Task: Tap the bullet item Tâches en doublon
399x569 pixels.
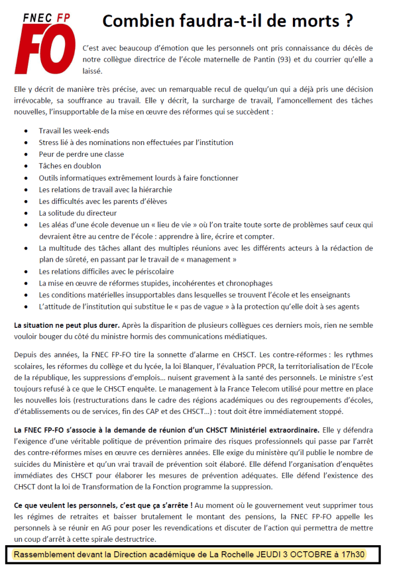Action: (x=70, y=166)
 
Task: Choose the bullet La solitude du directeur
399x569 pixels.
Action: (x=78, y=213)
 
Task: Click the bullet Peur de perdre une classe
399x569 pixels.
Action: (x=81, y=154)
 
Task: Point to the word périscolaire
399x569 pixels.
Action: (x=151, y=272)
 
